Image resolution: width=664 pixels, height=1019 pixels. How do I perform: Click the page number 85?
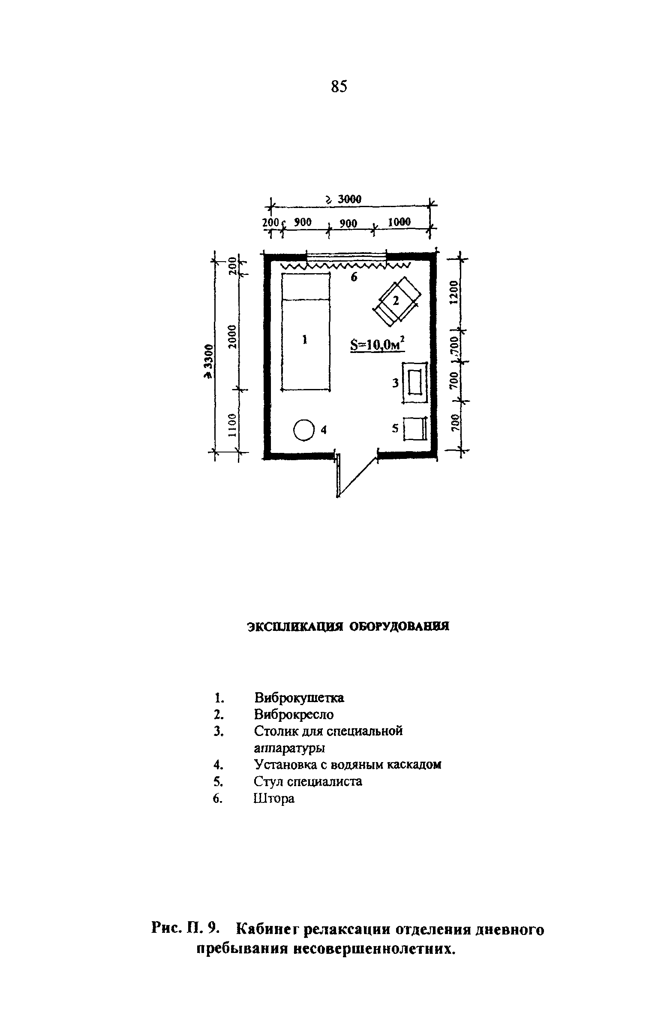click(x=339, y=86)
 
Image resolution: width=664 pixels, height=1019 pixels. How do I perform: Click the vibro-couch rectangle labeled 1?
click(x=306, y=332)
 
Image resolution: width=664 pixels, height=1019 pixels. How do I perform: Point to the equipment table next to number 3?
click(x=415, y=382)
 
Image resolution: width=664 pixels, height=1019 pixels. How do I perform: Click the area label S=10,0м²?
click(x=377, y=345)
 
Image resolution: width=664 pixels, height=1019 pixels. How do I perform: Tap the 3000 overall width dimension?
click(x=349, y=199)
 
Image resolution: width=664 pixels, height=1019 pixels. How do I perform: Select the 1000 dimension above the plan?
click(x=399, y=222)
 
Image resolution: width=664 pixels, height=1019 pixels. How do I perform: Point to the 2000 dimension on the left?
click(x=232, y=337)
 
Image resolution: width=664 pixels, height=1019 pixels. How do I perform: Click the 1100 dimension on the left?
click(x=232, y=425)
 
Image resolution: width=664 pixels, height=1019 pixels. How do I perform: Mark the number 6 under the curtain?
click(x=354, y=277)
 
